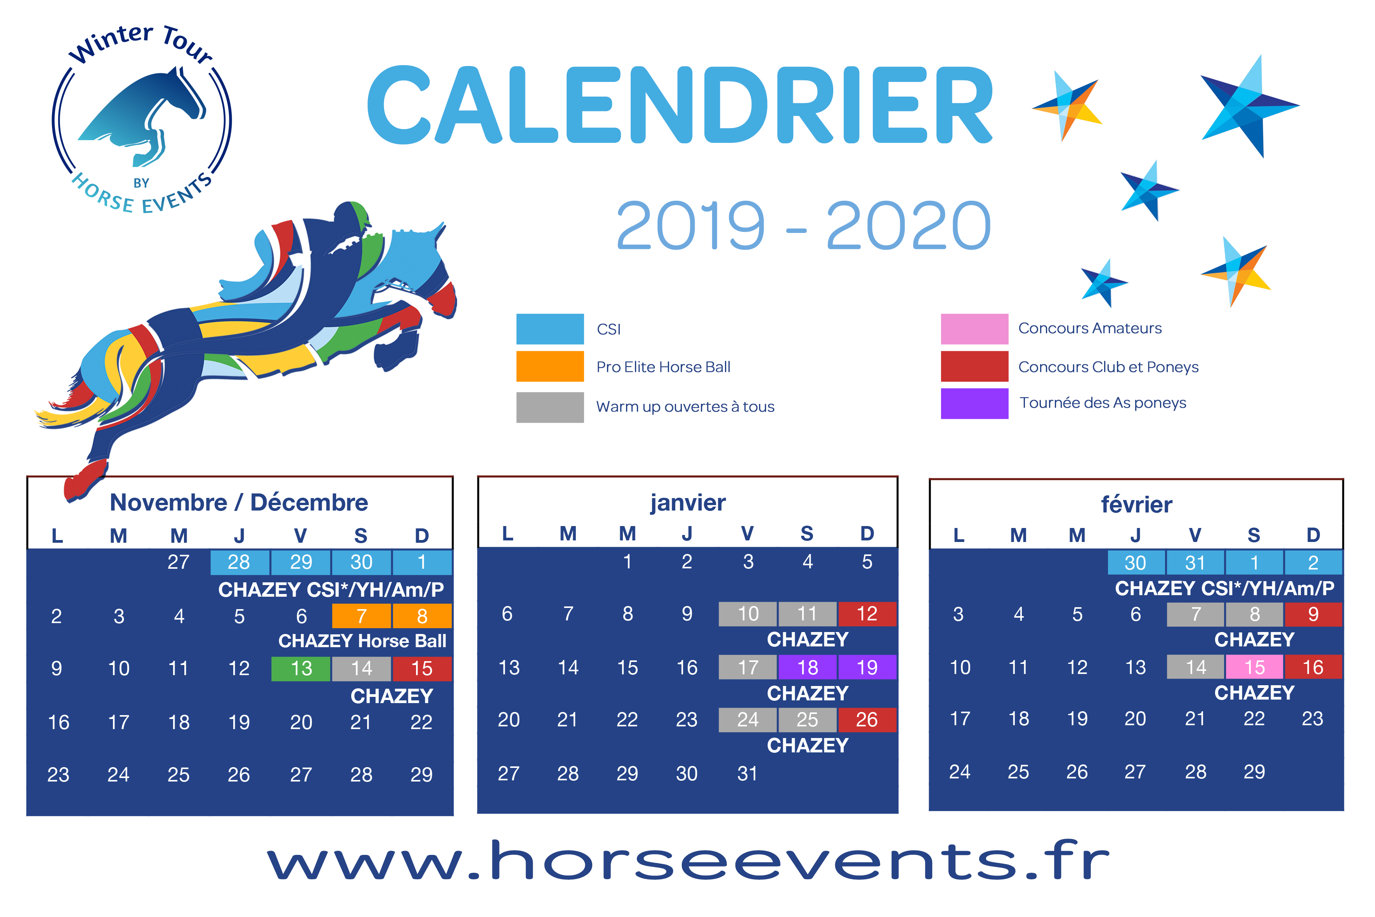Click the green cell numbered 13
coord(301,669)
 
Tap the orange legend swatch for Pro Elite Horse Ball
coord(550,366)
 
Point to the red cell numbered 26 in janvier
coord(867,720)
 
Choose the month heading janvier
coord(688,502)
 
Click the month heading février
coord(1136,504)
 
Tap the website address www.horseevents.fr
coord(688,860)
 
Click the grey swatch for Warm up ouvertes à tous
coord(550,407)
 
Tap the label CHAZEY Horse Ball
coord(362,641)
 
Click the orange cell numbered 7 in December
coord(361,616)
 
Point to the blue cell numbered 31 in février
coord(1195,563)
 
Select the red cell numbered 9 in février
coord(1313,614)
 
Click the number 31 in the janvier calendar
coord(747,774)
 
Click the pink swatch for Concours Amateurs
coord(974,329)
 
